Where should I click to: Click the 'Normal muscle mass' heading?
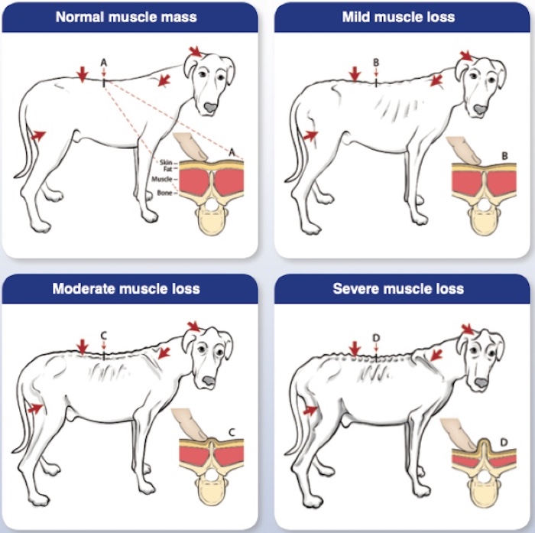126,17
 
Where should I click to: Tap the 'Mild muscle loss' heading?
398,17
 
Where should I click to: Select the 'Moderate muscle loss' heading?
126,289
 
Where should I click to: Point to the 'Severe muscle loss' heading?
398,289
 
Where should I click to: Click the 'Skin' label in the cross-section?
166,163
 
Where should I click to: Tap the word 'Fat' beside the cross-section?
167,169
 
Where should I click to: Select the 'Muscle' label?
162,179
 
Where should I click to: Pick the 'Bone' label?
164,193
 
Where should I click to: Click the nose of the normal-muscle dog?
210,108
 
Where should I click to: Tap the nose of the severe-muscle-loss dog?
481,383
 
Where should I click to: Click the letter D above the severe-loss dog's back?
376,338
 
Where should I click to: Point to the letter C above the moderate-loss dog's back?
104,335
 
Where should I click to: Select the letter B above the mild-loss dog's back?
376,63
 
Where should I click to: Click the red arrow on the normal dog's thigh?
38,136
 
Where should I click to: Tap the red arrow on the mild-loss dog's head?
465,55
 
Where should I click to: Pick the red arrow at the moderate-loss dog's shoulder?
164,353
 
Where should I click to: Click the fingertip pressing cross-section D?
472,445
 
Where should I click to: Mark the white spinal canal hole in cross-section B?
484,203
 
